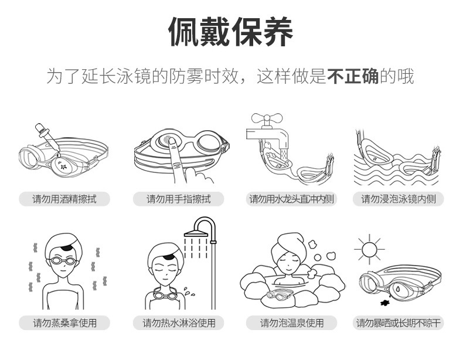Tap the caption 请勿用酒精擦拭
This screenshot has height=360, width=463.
click(x=64, y=199)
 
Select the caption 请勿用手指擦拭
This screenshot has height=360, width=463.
click(x=178, y=199)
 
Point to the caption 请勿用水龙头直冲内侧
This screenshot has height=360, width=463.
click(x=291, y=199)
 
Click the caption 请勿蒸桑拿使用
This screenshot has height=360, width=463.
click(x=64, y=322)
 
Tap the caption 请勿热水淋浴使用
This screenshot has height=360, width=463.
click(x=179, y=322)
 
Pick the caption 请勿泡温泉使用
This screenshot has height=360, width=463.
click(x=291, y=322)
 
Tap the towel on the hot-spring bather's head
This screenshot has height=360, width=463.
click(x=287, y=243)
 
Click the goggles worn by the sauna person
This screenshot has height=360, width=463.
click(x=64, y=261)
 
